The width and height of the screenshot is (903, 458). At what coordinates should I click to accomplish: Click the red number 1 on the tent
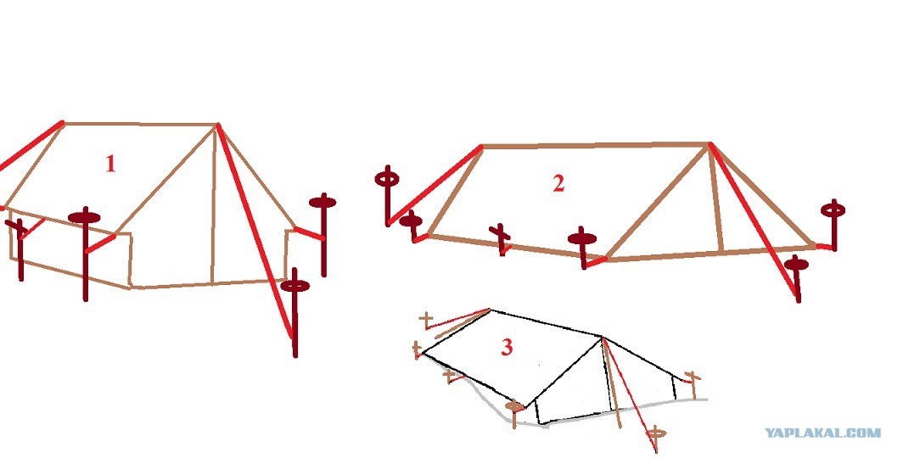point(110,164)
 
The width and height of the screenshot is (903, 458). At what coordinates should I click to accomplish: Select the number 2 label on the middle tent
point(558,183)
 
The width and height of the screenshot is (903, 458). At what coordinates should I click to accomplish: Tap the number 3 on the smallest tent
point(506,347)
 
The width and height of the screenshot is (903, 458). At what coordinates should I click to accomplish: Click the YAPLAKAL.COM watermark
point(822,433)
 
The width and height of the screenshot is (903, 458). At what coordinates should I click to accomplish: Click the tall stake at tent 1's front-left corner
point(85,253)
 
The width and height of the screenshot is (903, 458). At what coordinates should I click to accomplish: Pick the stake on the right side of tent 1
point(323,234)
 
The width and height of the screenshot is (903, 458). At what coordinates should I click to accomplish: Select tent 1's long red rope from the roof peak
point(255,230)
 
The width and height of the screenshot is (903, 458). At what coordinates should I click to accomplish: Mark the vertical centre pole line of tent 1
point(214,205)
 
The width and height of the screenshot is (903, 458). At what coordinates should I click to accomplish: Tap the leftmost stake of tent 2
point(387,196)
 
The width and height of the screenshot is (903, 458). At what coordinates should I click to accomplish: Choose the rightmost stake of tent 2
point(833,225)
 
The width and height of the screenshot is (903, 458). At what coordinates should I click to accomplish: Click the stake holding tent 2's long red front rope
point(797,278)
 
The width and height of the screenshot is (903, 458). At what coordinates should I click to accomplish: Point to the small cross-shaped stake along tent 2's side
point(501,239)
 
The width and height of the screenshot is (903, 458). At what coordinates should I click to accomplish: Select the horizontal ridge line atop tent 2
point(596,146)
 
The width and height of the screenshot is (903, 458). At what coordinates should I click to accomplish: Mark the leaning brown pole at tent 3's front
point(612,383)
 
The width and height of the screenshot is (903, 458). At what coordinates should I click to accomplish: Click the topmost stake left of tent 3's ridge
point(426,321)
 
